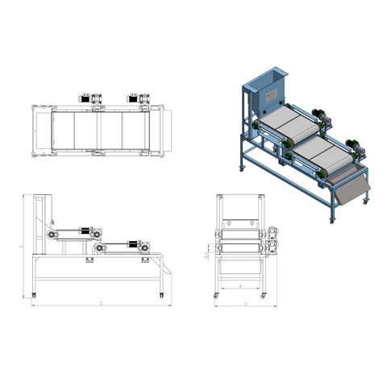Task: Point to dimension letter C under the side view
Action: point(99,304)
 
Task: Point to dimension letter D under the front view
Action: point(243,305)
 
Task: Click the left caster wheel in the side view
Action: point(34,294)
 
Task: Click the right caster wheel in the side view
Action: point(160,294)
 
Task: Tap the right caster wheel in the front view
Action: point(264,295)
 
